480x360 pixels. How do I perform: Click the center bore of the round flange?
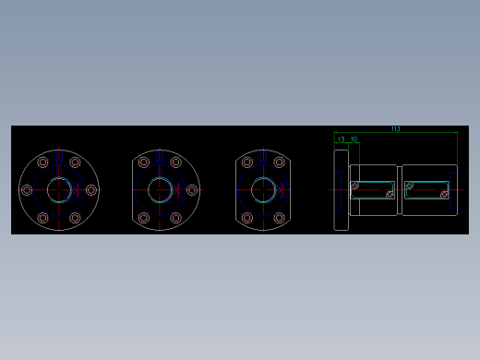coord(60,190)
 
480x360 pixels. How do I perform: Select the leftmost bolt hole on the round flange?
coord(27,190)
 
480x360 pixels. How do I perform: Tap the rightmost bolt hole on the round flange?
coord(91,190)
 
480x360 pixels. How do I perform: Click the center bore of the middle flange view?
coord(160,190)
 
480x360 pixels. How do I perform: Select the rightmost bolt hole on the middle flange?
coord(191,190)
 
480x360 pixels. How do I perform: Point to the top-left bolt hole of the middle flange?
coord(144,162)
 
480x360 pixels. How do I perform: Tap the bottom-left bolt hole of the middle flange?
coord(144,219)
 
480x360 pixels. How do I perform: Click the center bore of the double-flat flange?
coord(263,190)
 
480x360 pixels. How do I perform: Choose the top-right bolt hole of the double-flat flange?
coord(280,162)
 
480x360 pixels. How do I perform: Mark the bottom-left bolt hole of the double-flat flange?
coord(247,219)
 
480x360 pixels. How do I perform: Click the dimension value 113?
coord(395,129)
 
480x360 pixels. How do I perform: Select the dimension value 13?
coord(342,139)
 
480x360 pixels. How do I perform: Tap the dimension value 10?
coord(354,139)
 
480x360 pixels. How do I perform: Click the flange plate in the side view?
coord(341,190)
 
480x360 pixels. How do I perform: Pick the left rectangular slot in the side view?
coord(373,189)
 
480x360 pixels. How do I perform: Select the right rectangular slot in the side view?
coord(426,189)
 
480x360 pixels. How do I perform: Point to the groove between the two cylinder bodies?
coord(400,190)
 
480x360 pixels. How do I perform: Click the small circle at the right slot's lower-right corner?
coord(444,195)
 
